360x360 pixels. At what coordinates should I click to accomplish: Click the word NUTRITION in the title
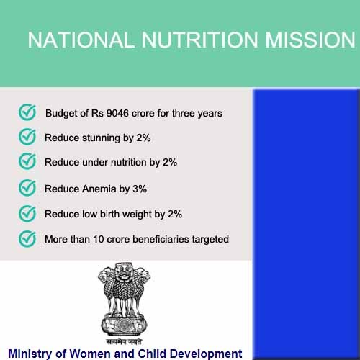[x=199, y=40]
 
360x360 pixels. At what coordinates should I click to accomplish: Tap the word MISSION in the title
[x=310, y=40]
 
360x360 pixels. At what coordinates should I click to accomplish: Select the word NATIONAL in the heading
[x=81, y=40]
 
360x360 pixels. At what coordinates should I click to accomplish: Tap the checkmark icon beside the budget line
[x=27, y=112]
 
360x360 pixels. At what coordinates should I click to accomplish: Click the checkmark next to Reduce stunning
[x=27, y=137]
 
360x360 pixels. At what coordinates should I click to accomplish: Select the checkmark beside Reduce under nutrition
[x=27, y=161]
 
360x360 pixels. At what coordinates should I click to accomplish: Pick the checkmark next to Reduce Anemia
[x=27, y=188]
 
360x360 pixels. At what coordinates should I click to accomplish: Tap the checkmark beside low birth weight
[x=27, y=214]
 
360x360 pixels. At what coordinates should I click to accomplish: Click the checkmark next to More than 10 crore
[x=27, y=239]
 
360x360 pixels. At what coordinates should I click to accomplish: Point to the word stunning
[x=101, y=138]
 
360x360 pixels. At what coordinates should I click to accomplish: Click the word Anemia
[x=99, y=189]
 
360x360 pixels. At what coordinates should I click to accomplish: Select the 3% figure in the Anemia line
[x=140, y=189]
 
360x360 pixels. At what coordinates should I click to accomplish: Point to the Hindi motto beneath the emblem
[x=124, y=341]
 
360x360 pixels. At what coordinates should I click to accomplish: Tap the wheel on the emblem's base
[x=124, y=325]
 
